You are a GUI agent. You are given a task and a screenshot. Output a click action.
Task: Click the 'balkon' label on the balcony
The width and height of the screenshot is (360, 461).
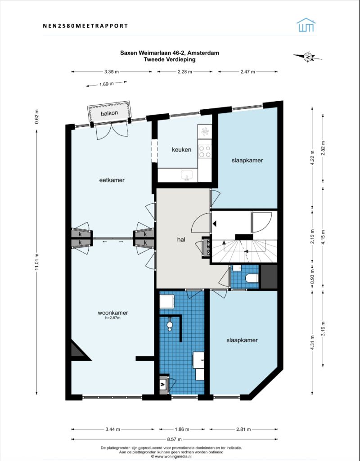coord(109,113)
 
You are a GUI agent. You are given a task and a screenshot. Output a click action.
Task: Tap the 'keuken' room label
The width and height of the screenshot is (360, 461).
coord(181,150)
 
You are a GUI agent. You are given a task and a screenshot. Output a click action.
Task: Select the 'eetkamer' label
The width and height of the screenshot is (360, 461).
coord(112,180)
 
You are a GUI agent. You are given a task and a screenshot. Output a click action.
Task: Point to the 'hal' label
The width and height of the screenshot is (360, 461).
coord(181,240)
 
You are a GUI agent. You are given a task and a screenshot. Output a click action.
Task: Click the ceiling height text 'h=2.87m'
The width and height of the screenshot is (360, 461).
coord(113,318)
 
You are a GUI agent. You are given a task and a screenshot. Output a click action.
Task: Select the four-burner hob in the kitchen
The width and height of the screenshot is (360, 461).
coord(205,152)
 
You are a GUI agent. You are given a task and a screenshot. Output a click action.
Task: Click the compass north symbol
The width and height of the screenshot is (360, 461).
coord(308,57)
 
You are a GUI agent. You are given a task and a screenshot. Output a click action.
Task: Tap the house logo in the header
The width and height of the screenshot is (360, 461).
coord(306,25)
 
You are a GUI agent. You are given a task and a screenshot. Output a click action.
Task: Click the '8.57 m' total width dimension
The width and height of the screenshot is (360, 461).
coord(174,439)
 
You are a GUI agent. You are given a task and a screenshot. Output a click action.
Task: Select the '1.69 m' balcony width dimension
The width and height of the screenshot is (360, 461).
coord(106,84)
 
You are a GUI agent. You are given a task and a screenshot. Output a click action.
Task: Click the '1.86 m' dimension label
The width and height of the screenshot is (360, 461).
coord(181,429)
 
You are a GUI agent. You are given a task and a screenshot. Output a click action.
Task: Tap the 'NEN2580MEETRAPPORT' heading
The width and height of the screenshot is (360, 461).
coord(85,26)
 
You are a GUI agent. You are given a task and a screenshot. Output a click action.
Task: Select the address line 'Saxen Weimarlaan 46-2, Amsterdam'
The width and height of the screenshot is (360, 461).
coord(169,53)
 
